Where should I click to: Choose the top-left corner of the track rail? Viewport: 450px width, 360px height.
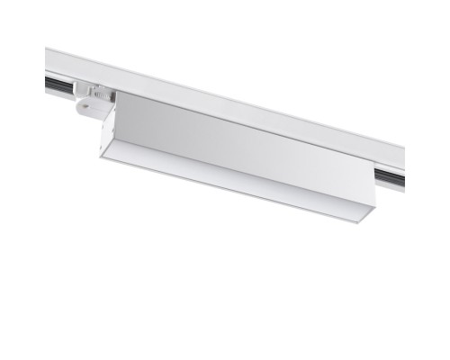[x=47, y=49]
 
